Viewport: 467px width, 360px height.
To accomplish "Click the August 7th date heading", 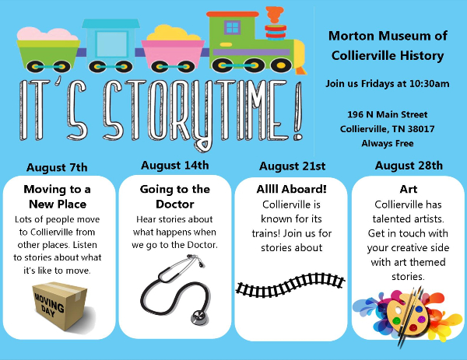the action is pos(57,167).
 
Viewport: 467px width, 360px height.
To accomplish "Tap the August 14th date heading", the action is pos(175,166).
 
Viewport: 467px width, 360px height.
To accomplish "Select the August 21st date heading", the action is pos(292,166).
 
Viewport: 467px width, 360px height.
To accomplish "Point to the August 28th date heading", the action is pos(409,166).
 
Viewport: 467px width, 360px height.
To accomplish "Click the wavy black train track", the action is pos(290,285).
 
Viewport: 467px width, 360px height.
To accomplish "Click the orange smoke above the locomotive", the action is pos(274,14).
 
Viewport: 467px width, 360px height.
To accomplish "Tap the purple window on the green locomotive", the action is pos(232,28).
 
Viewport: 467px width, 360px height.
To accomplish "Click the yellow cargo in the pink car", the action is pos(173,33).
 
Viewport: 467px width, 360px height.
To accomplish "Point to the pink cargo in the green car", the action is pos(47,34).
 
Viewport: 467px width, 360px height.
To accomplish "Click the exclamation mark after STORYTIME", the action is pos(298,110).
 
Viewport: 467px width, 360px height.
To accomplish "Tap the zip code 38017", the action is pos(421,129).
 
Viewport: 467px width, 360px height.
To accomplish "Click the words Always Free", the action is pos(388,143).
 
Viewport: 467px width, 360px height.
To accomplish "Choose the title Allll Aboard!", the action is pos(292,189).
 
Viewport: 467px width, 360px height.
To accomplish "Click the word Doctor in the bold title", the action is pos(175,204).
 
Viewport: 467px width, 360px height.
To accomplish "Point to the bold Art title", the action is pos(409,189).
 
